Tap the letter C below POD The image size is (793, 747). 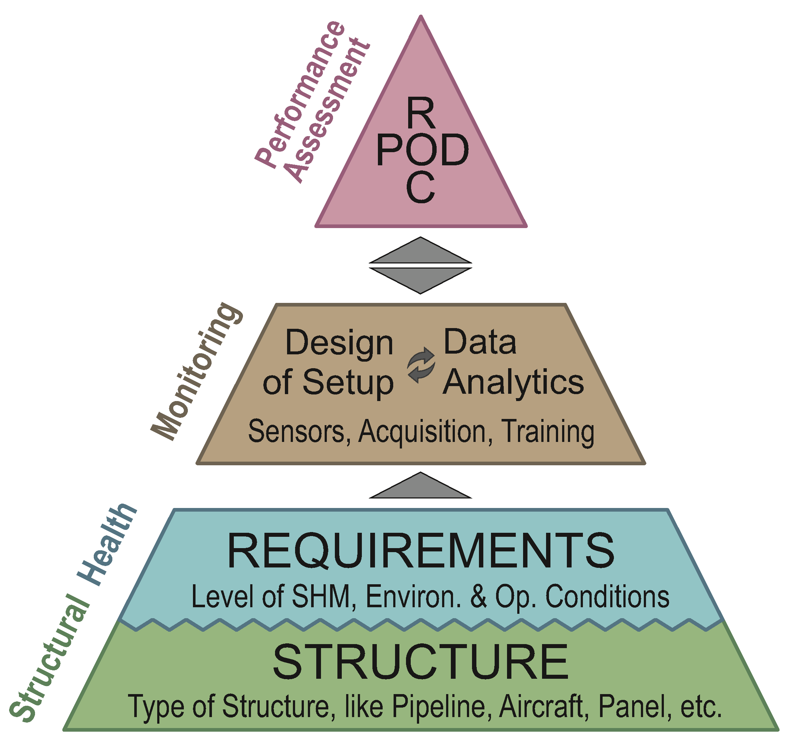click(420, 188)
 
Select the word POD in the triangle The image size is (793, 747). click(422, 150)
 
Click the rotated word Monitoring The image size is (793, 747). click(197, 371)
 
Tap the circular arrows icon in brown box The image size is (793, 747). click(421, 365)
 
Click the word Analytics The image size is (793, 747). click(513, 383)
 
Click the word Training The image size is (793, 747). click(547, 432)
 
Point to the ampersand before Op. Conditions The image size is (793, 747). click(478, 597)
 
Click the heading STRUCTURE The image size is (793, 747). click(421, 662)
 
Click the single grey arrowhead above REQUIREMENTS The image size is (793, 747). click(421, 487)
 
